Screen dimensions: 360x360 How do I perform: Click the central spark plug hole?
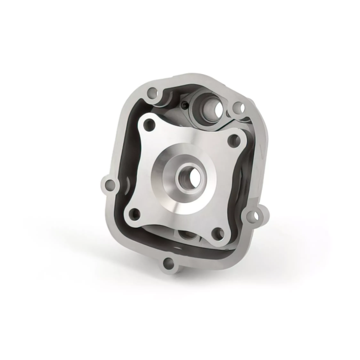tap(186, 176)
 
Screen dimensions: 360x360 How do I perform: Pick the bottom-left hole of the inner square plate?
tap(133, 213)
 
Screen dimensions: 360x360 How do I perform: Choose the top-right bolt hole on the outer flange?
tap(239, 108)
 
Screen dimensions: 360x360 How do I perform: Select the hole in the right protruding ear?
tap(257, 216)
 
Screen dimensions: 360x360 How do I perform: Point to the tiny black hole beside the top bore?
tap(186, 105)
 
